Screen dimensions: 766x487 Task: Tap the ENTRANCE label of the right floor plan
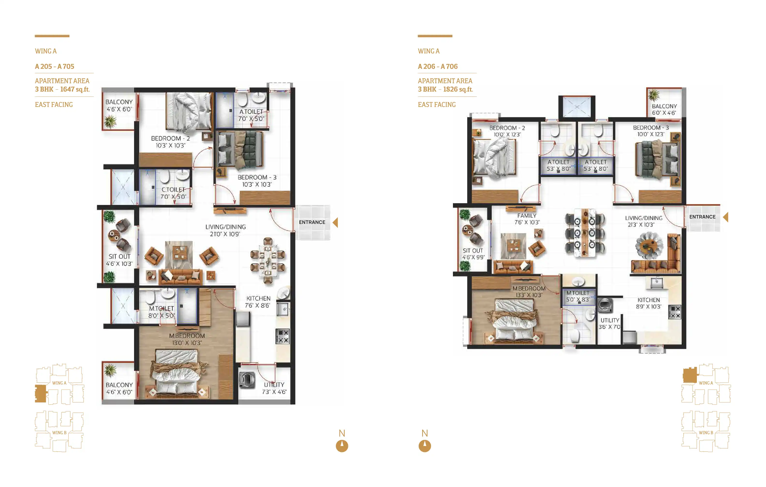702,217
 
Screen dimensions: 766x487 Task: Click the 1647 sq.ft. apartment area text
75,89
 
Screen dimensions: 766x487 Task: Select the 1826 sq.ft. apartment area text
458,89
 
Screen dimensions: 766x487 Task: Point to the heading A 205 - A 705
54,66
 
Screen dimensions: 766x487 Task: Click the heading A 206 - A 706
437,66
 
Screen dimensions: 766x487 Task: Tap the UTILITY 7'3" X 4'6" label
274,388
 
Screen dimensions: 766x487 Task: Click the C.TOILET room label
173,189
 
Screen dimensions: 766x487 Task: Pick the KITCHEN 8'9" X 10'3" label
649,303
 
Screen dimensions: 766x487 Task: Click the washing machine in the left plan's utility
247,380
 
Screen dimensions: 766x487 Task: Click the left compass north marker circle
342,446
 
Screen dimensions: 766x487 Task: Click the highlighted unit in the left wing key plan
41,394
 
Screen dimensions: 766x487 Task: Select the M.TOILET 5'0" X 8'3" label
578,296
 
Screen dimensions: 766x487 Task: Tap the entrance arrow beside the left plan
335,222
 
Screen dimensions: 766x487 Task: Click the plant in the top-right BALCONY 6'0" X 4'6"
654,95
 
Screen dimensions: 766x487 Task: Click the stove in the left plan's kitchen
282,336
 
